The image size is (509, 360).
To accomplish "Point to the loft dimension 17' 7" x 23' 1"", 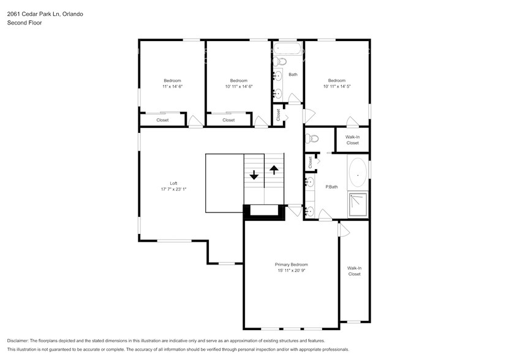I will [x=173, y=189].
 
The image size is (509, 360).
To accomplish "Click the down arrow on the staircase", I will [x=254, y=174].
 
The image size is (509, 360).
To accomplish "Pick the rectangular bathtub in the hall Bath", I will [x=287, y=49].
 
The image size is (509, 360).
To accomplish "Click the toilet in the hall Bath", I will [x=280, y=61].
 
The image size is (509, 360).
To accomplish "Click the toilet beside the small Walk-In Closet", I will [x=312, y=138].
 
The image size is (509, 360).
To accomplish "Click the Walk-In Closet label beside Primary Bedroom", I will [x=354, y=271].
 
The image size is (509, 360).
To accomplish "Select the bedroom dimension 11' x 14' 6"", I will [x=172, y=86].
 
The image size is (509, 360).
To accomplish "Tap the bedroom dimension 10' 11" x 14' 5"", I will [x=336, y=86].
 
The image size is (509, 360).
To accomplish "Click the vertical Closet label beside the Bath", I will [x=278, y=114].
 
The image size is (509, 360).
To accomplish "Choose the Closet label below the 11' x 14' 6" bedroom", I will [x=162, y=120].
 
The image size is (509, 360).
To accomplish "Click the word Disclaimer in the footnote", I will [x=21, y=340].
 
